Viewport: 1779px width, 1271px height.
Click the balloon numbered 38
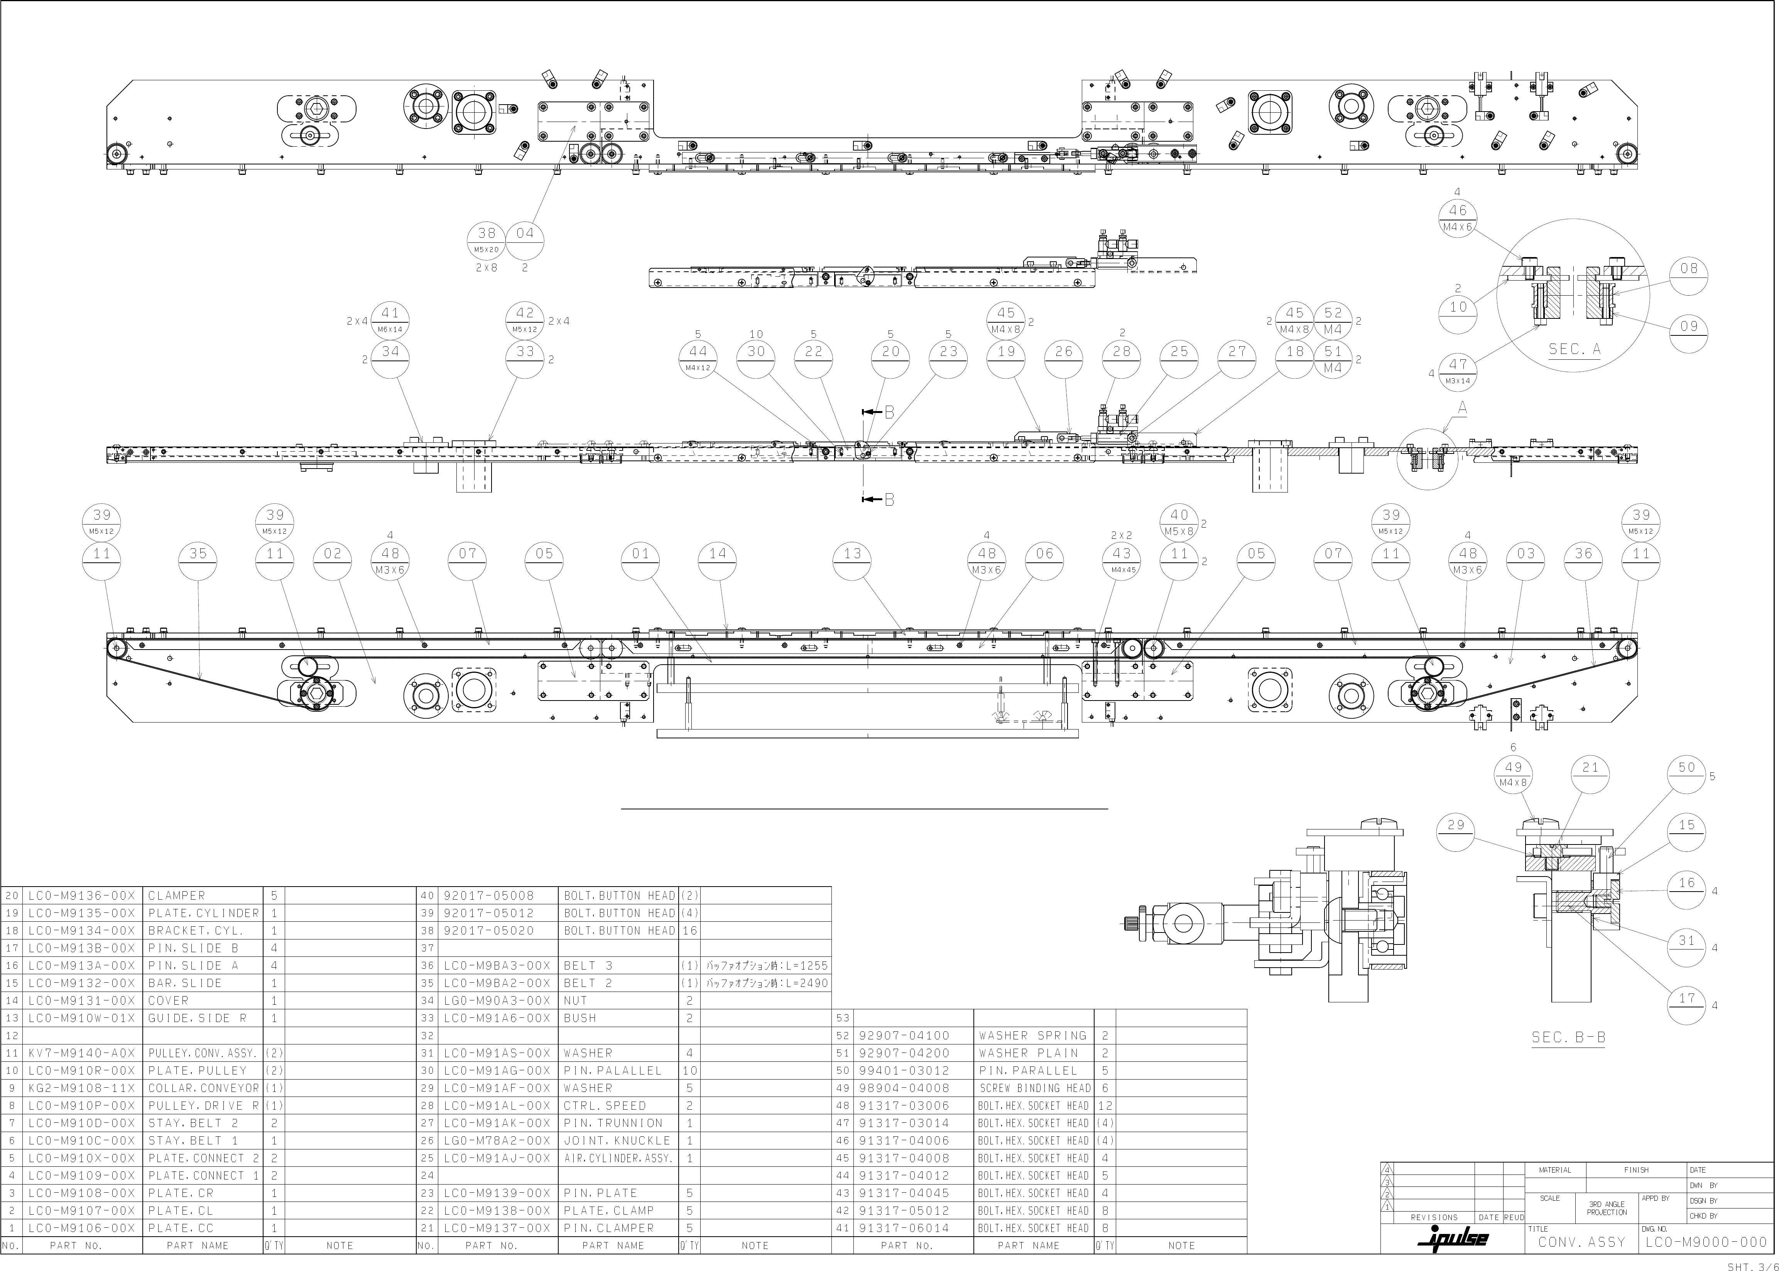(x=487, y=239)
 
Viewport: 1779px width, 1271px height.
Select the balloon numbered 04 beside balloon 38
(x=525, y=239)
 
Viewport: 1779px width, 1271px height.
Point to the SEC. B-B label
(x=1568, y=1038)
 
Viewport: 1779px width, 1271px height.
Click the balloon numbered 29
(x=1456, y=832)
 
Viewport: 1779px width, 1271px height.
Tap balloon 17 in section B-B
(x=1686, y=1005)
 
